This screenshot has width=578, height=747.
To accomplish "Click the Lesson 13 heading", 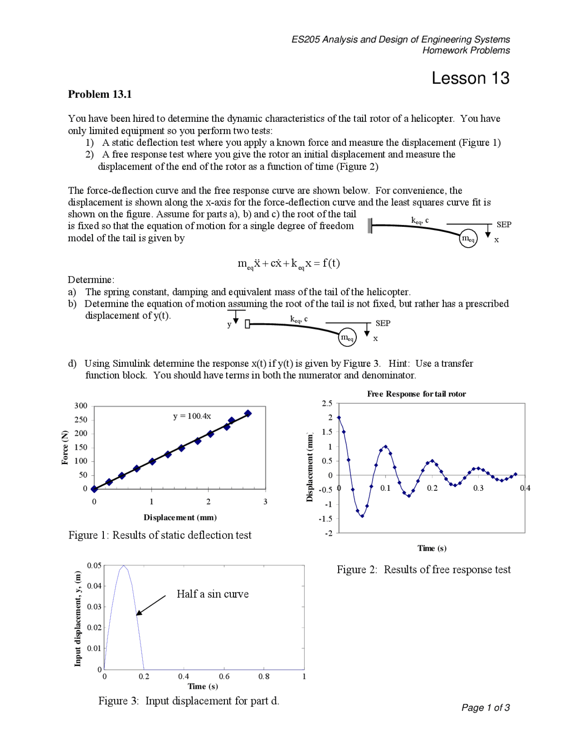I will pos(470,78).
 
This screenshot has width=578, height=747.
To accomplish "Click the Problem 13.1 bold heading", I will pos(100,94).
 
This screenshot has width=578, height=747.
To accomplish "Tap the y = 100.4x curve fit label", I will pos(192,416).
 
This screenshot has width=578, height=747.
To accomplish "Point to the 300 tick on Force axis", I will pos(81,406).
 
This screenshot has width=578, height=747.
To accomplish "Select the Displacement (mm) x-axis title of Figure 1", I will pos(180,517).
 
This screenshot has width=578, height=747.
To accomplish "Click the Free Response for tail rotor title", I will pos(416,394).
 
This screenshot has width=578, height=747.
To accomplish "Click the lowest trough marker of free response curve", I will pos(362,516).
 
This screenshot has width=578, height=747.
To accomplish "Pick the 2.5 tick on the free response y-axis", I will pos(327,403).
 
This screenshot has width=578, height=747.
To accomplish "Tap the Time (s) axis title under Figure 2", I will pos(432,548).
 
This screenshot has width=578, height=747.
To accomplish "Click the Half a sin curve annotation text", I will pos(212,594).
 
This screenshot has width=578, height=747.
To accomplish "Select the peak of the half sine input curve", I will pos(124,566).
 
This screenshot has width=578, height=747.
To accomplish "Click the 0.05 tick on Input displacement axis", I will pos(94,565).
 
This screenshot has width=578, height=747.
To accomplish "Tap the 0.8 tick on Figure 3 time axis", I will pos(264,676).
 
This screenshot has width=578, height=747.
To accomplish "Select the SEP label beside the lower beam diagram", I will pos(383,323).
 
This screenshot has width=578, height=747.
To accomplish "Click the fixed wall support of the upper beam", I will pos(370,226).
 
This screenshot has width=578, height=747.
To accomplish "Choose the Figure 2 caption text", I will pos(424,570).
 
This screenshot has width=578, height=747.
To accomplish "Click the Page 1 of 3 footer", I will pos(485,707).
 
